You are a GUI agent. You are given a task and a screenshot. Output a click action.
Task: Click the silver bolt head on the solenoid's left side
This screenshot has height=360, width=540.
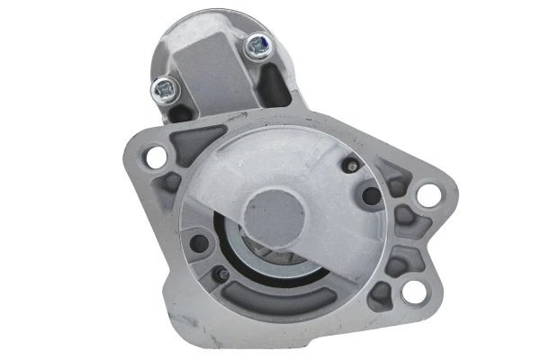165,87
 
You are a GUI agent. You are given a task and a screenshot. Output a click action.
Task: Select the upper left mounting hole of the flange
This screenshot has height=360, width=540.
155,155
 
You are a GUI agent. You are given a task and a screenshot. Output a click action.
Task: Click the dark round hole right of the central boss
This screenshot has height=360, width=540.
370,196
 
